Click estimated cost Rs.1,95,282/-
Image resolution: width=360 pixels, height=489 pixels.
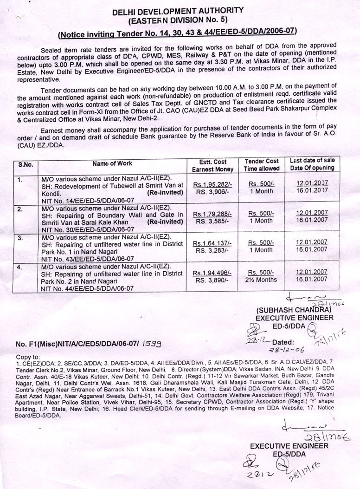[x=214, y=183]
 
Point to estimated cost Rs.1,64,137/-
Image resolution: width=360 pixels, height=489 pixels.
[x=214, y=242]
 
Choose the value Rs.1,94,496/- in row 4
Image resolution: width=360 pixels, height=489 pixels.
[x=214, y=272]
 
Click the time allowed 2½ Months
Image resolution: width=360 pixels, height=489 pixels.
[x=262, y=279]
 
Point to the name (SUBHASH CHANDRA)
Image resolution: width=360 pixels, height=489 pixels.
[x=291, y=310]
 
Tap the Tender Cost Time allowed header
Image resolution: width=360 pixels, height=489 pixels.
[x=262, y=165]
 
